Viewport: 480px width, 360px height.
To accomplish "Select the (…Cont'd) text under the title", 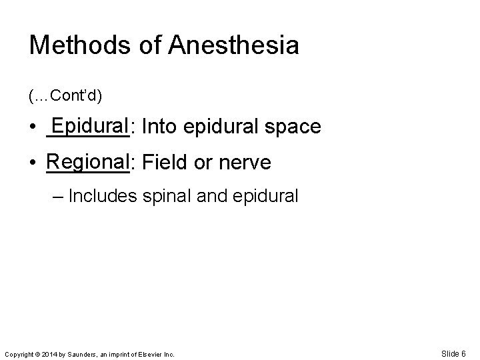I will pos(65,97).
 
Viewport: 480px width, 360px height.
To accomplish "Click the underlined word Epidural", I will pos(89,126).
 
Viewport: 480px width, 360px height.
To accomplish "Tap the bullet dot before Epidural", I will pos(33,128).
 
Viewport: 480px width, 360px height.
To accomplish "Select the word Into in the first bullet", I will pos(158,127).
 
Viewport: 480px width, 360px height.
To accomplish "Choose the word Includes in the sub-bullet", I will pos(99,196).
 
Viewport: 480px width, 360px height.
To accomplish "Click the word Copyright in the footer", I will pos(19,355).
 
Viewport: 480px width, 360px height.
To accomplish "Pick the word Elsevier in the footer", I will pos(152,355).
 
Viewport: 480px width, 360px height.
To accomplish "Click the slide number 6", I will pos(463,353).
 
